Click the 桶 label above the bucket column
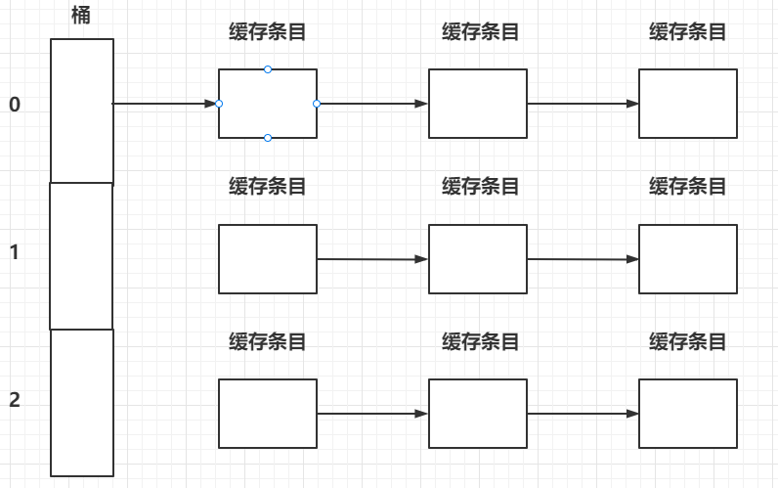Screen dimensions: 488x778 tap(81, 16)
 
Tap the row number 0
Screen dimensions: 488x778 tap(14, 104)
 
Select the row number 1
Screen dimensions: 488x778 tap(14, 251)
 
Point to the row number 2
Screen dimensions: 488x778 tap(14, 399)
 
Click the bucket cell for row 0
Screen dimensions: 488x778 tap(82, 111)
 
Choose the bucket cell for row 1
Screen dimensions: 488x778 tap(82, 256)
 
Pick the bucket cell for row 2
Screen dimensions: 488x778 tap(82, 403)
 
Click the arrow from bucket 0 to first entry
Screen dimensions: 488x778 tap(164, 103)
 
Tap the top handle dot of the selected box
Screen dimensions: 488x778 tap(268, 69)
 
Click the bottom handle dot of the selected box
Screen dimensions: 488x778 tap(268, 138)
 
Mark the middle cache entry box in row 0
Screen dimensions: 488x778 tap(478, 104)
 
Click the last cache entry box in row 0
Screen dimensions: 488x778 tap(688, 104)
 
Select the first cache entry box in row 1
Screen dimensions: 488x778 tap(267, 259)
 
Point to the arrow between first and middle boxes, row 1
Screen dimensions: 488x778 tap(372, 259)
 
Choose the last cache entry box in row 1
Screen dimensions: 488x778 tap(688, 259)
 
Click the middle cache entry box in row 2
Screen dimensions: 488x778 tap(478, 414)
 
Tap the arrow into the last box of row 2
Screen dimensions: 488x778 tap(583, 414)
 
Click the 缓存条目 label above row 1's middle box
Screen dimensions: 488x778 tap(480, 186)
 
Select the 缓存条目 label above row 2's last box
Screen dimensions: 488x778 tap(688, 341)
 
